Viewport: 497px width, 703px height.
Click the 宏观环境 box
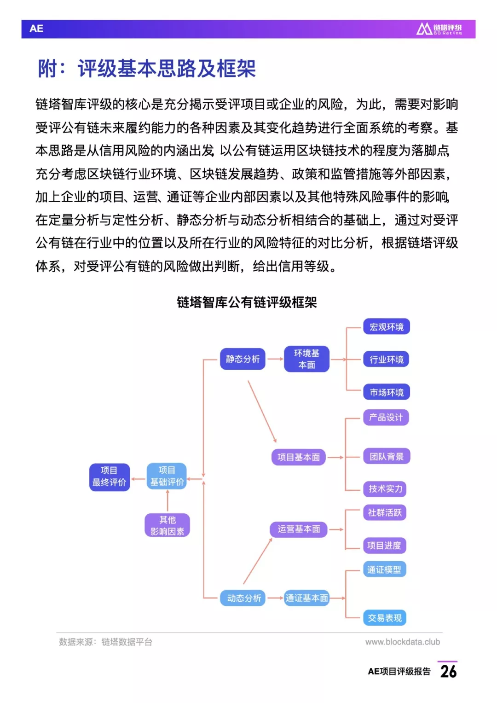pos(386,327)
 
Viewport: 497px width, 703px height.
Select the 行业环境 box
pos(386,359)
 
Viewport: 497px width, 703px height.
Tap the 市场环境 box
pos(386,392)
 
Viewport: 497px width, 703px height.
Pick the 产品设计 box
pos(386,417)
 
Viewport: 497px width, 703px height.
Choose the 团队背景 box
pos(387,456)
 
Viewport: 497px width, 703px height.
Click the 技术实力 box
pos(385,488)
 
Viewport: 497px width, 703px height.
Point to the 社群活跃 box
pos(385,512)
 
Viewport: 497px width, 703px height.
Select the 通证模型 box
pos(385,569)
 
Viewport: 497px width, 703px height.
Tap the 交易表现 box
pos(385,618)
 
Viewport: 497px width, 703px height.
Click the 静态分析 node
pos(243,359)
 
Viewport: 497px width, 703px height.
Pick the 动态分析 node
pos(243,598)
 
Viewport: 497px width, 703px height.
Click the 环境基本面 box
pos(306,359)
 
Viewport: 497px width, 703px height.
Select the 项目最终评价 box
pos(110,477)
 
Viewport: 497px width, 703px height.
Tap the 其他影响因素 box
pos(167,525)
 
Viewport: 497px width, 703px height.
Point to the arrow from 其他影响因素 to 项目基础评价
pos(167,501)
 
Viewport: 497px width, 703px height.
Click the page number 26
pos(449,672)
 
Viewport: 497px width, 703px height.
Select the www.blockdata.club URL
pos(403,642)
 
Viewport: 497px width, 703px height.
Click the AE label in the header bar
pos(36,29)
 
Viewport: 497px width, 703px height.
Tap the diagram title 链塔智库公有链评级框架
pos(247,302)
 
